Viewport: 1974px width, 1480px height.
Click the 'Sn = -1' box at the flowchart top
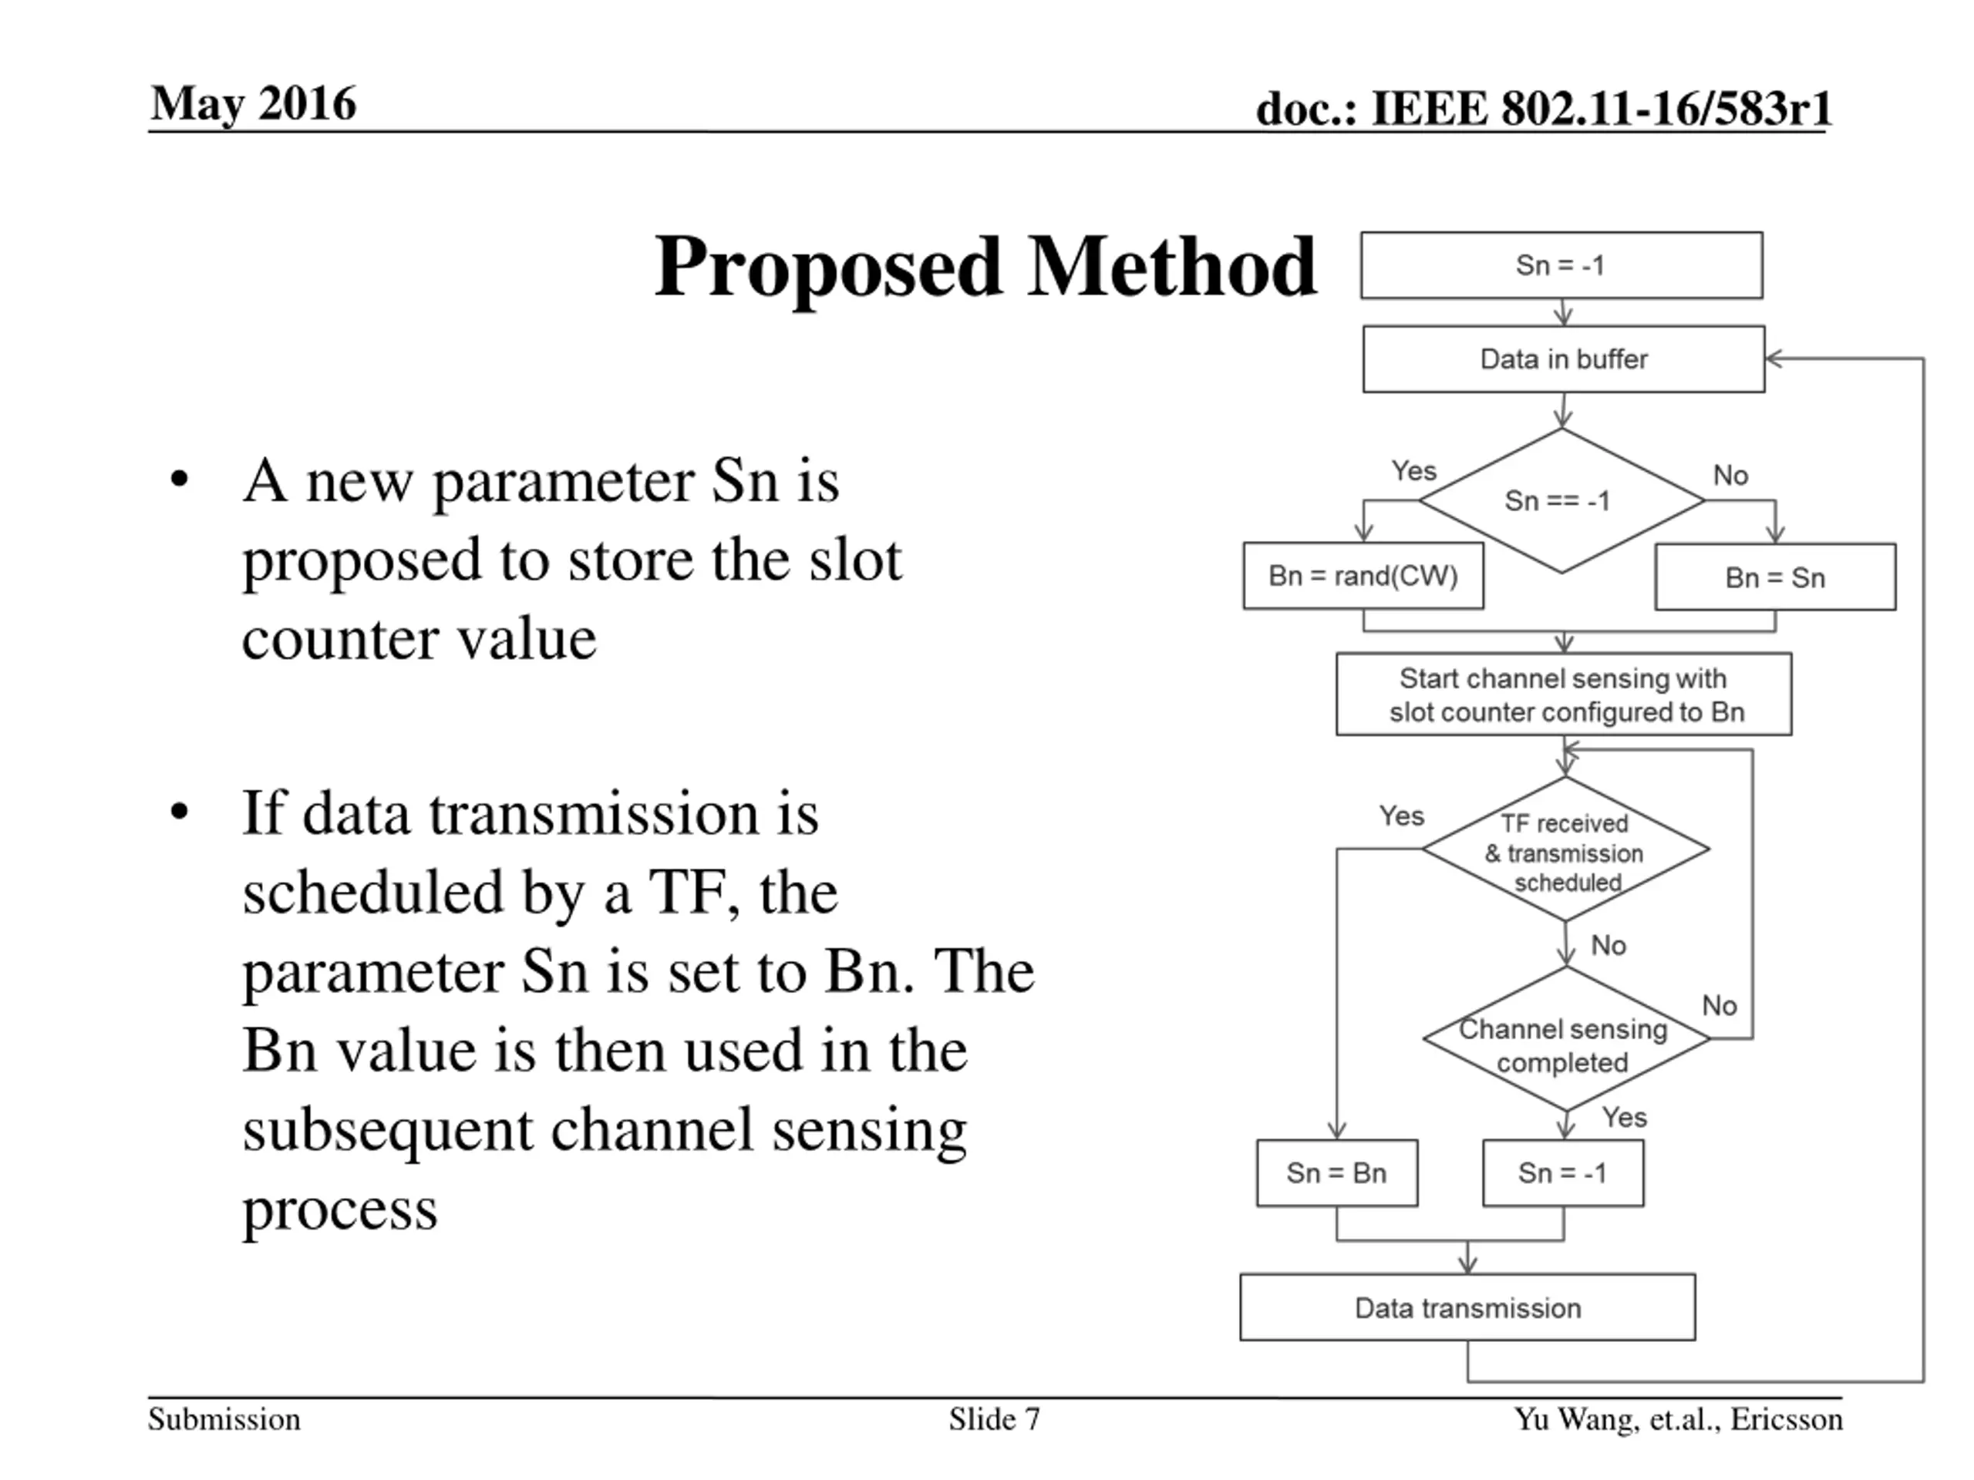[x=1561, y=265]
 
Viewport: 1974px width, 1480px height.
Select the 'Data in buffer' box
[x=1564, y=358]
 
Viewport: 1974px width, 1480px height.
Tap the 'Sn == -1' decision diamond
[x=1561, y=500]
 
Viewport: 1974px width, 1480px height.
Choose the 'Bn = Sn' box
[x=1774, y=577]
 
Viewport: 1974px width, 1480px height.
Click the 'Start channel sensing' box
[x=1564, y=694]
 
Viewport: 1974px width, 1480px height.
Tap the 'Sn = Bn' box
[x=1336, y=1172]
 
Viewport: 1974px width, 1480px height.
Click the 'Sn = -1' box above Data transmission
[x=1562, y=1172]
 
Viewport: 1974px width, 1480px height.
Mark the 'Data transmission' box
[x=1467, y=1308]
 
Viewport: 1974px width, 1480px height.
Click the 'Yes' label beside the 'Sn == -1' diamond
[x=1413, y=470]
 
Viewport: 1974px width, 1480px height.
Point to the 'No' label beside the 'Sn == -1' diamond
[x=1730, y=476]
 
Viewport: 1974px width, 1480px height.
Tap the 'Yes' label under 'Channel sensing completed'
[x=1623, y=1117]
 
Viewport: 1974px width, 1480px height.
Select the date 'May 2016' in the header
[x=254, y=103]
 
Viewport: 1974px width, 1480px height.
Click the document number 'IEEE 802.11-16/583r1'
[x=1601, y=109]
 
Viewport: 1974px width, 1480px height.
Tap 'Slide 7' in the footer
[x=994, y=1419]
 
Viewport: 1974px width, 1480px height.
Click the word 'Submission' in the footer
[x=224, y=1419]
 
